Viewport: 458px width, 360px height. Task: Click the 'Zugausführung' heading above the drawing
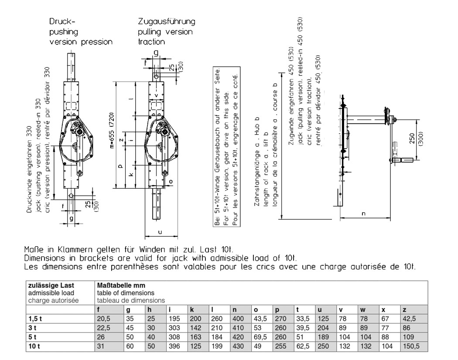point(166,21)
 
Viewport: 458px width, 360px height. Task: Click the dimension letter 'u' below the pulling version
point(160,232)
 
